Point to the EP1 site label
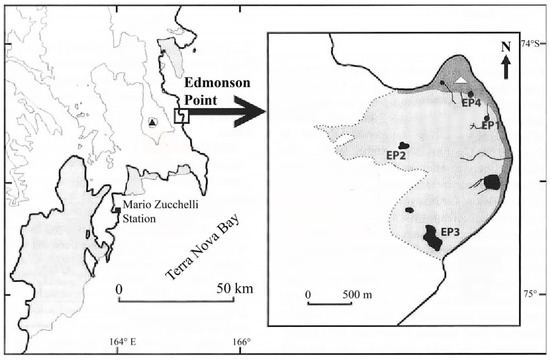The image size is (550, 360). [488, 125]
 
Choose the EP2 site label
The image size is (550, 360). [396, 155]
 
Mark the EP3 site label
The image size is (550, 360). [449, 233]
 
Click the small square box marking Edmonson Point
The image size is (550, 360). [181, 116]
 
